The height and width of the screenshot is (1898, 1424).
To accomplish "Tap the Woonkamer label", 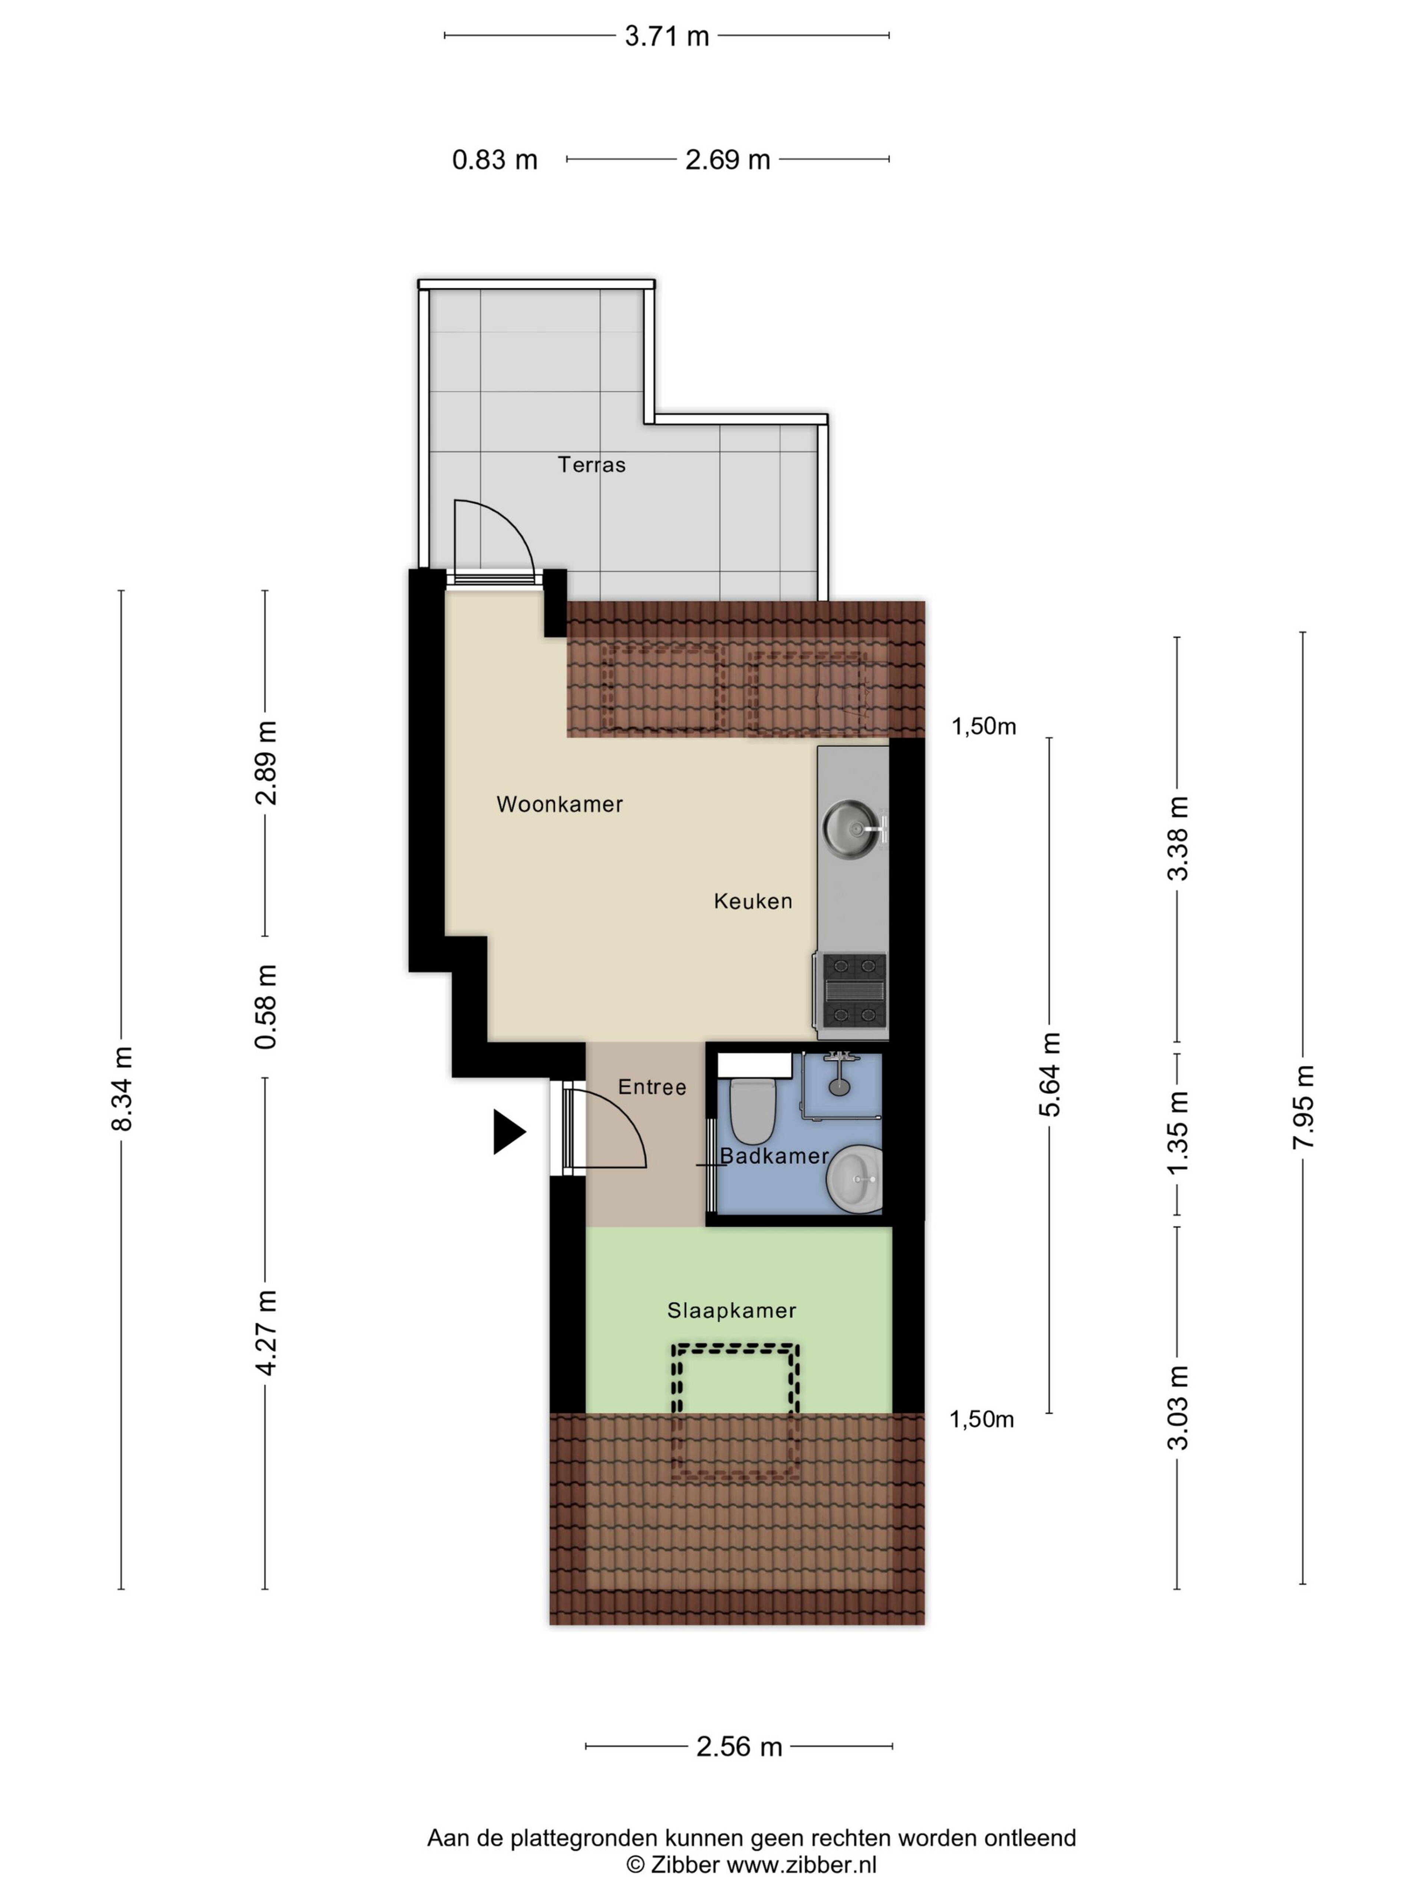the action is pyautogui.click(x=560, y=804).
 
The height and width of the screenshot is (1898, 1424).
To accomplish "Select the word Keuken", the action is pyautogui.click(x=753, y=901).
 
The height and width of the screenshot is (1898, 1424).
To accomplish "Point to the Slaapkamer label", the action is pyautogui.click(x=731, y=1310).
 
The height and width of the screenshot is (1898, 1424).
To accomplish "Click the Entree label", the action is pyautogui.click(x=652, y=1087).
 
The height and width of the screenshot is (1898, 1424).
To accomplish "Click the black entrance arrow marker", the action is pyautogui.click(x=508, y=1132).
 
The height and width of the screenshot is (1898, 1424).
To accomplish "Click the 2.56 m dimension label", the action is pyautogui.click(x=739, y=1746).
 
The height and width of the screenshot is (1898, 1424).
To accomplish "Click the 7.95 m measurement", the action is pyautogui.click(x=1303, y=1107).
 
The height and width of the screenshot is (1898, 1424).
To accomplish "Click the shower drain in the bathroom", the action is pyautogui.click(x=838, y=1086).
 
